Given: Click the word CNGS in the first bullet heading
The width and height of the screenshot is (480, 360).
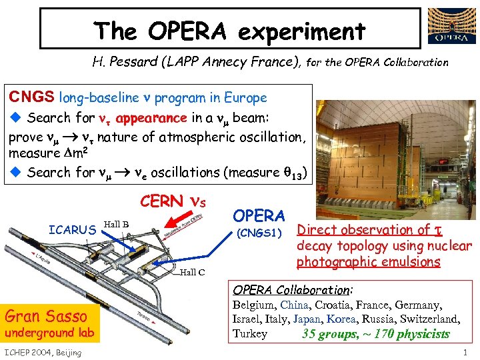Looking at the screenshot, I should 31,97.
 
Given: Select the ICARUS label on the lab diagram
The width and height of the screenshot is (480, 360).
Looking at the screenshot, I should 73,230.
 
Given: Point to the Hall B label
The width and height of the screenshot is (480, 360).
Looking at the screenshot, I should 117,224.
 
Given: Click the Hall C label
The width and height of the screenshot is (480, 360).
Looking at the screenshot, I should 193,271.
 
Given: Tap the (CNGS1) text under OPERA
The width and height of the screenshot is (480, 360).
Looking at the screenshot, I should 261,234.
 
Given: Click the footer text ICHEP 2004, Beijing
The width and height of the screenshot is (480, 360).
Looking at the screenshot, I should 43,352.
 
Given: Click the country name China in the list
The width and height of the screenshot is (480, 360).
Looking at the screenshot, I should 294,305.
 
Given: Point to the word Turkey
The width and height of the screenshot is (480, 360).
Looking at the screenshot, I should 249,334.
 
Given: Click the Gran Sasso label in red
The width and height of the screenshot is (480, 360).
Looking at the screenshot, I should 46,315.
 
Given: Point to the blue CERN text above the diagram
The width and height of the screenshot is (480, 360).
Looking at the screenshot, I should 162,201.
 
